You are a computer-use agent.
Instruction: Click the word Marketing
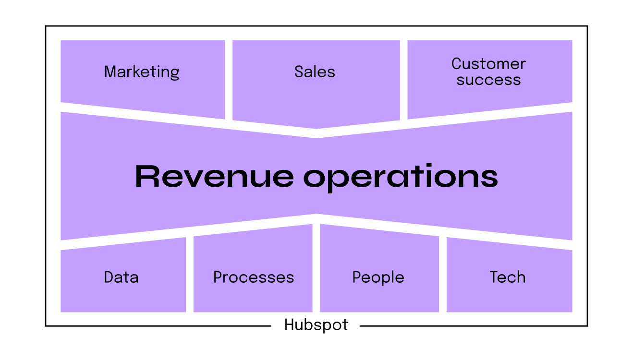[142, 72]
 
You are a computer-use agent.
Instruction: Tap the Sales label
[315, 72]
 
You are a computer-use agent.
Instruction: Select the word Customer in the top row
[488, 64]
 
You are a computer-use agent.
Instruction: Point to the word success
[488, 80]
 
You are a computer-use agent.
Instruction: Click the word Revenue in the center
[214, 176]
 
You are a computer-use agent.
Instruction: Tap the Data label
[121, 277]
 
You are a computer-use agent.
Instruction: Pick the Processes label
[254, 277]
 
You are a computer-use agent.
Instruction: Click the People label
[378, 278]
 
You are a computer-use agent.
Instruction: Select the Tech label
[508, 277]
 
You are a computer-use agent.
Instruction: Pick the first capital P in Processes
[218, 277]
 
